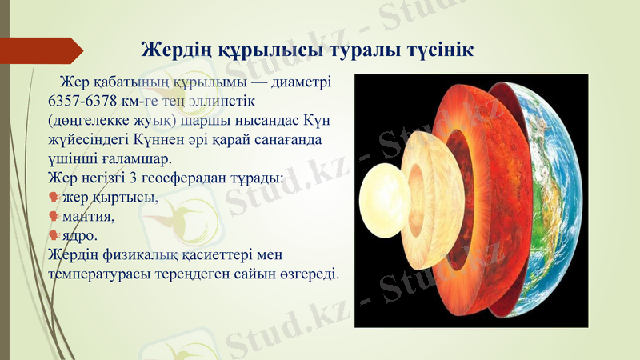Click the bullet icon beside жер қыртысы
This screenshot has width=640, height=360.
[x=53, y=198]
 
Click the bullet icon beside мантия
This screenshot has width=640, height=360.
[x=53, y=216]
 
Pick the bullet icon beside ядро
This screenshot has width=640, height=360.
[x=53, y=235]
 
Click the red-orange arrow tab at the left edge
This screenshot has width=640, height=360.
[x=44, y=50]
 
